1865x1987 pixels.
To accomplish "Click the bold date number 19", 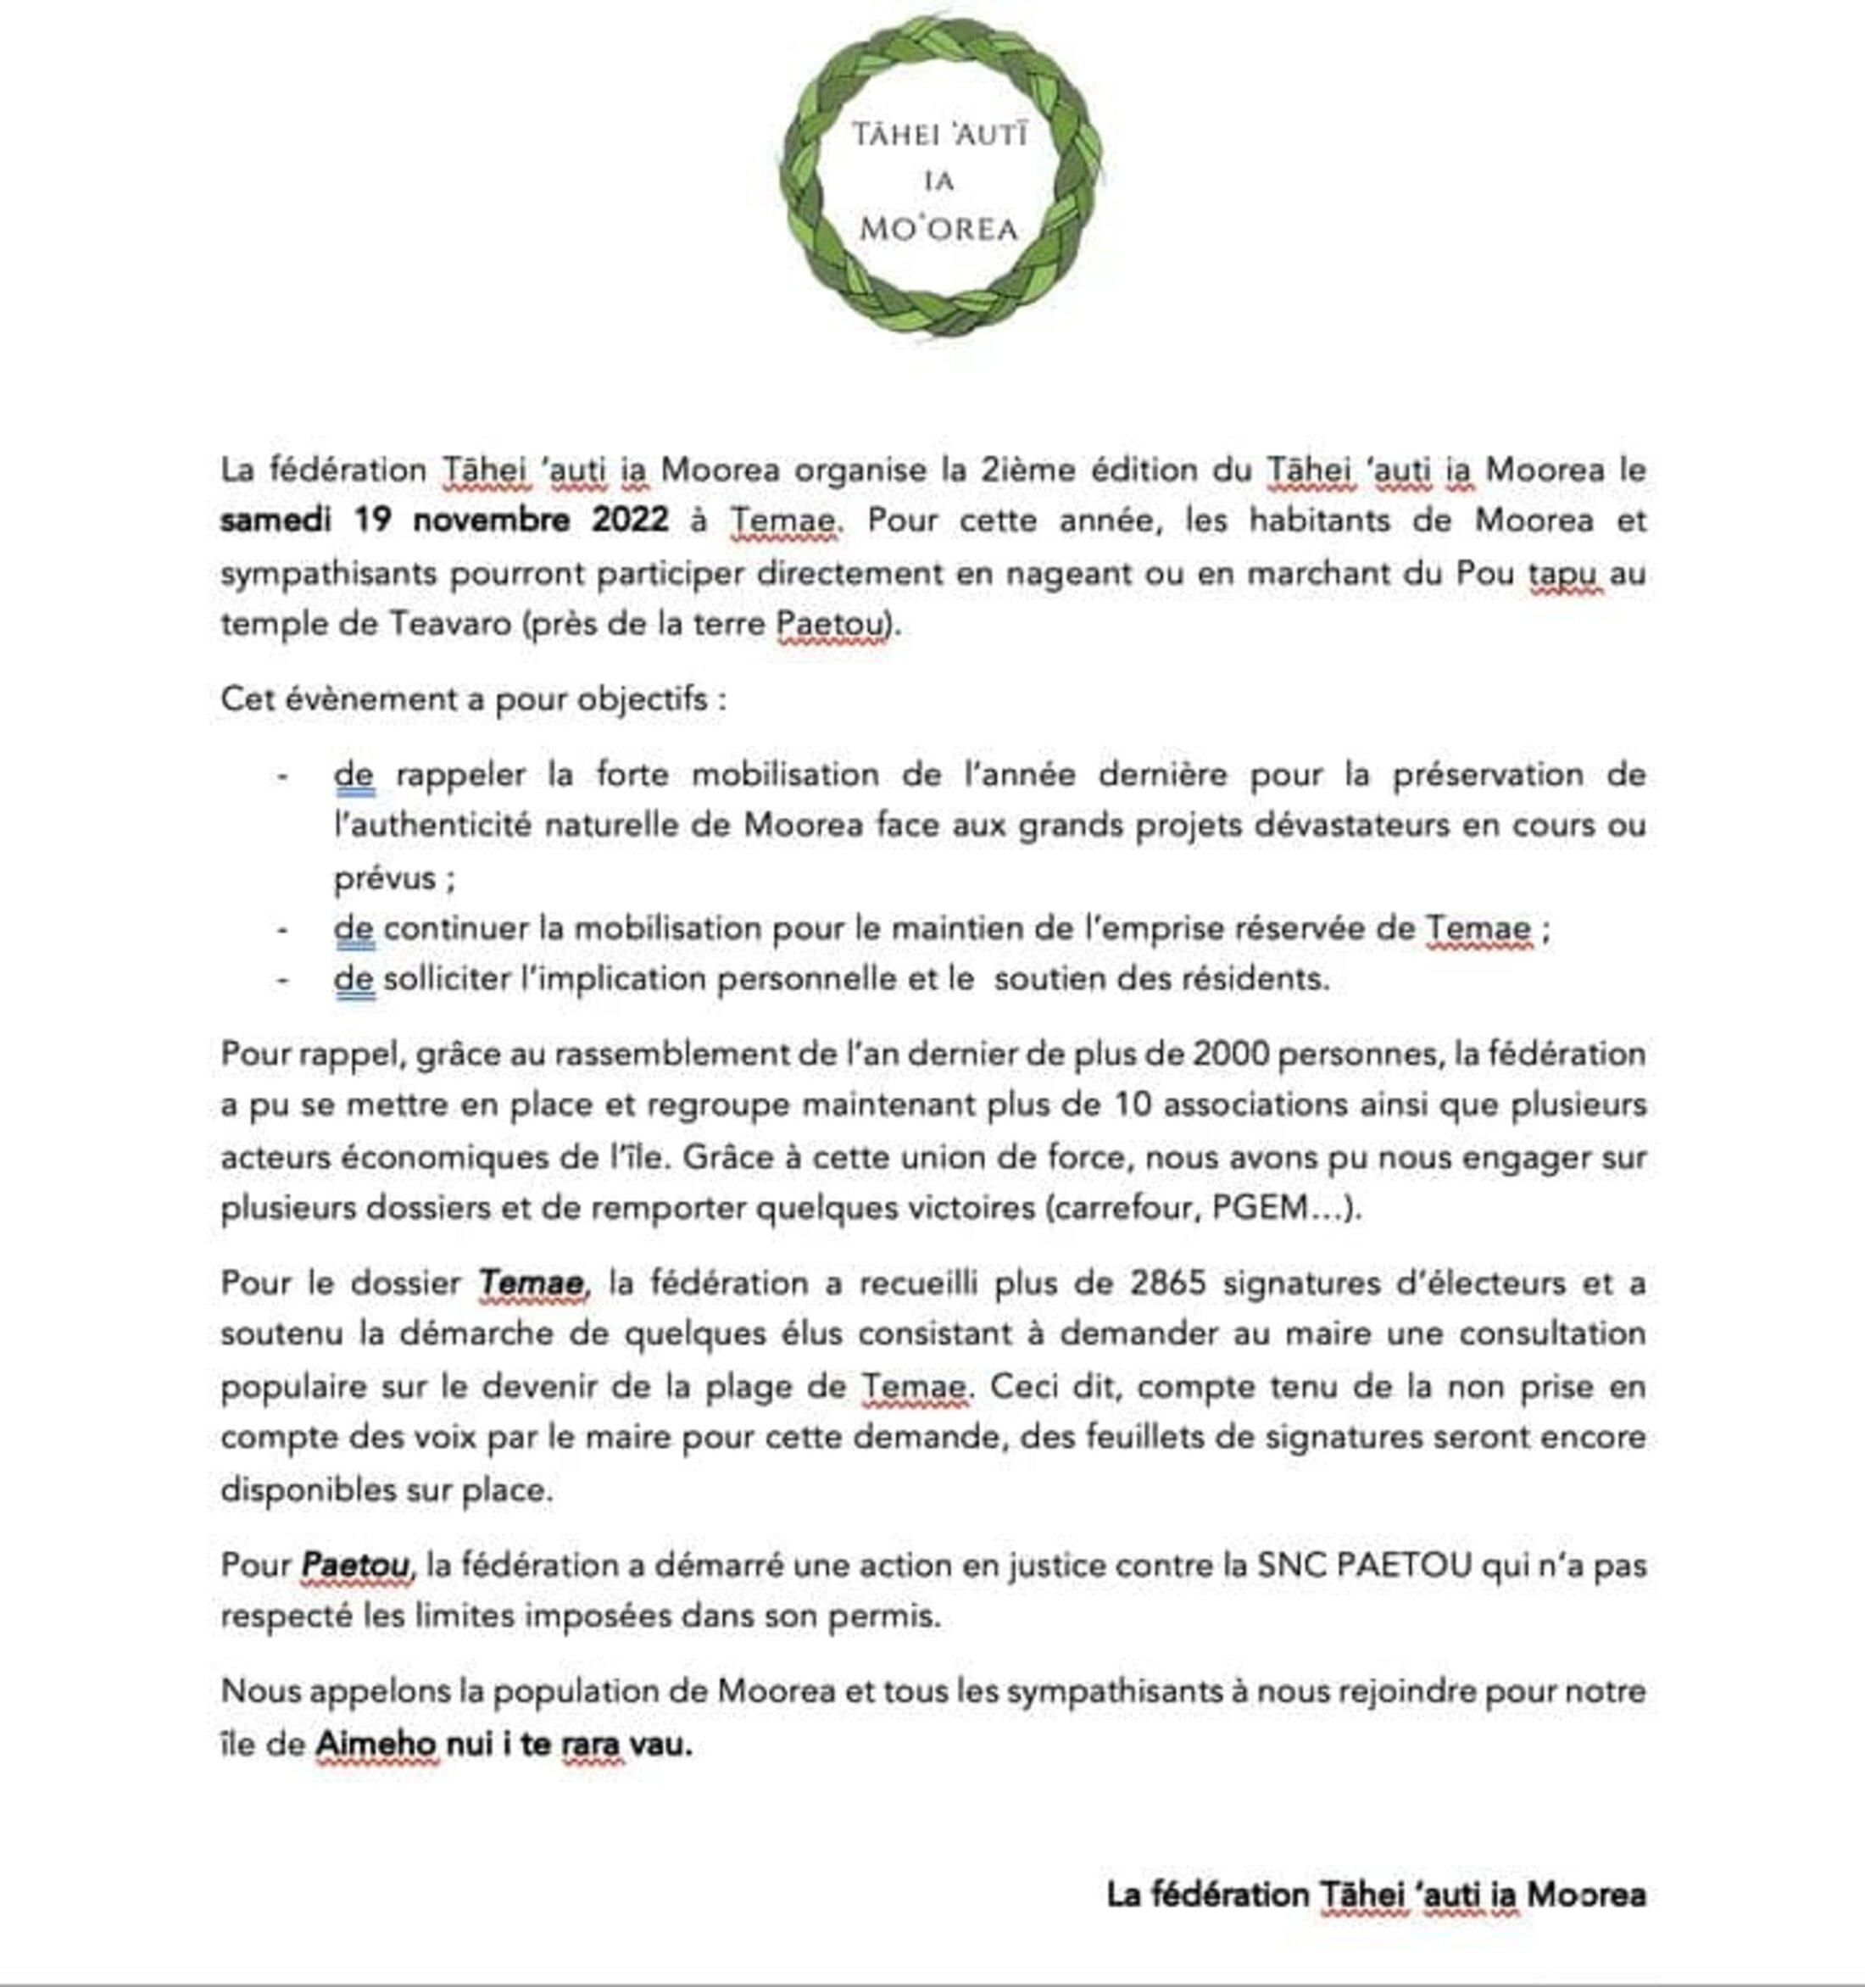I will click(x=375, y=520).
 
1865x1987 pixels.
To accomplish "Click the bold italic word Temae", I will click(x=532, y=1283).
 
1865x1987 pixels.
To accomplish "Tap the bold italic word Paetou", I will click(x=356, y=1565).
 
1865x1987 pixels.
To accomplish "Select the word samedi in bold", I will click(x=276, y=520).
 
